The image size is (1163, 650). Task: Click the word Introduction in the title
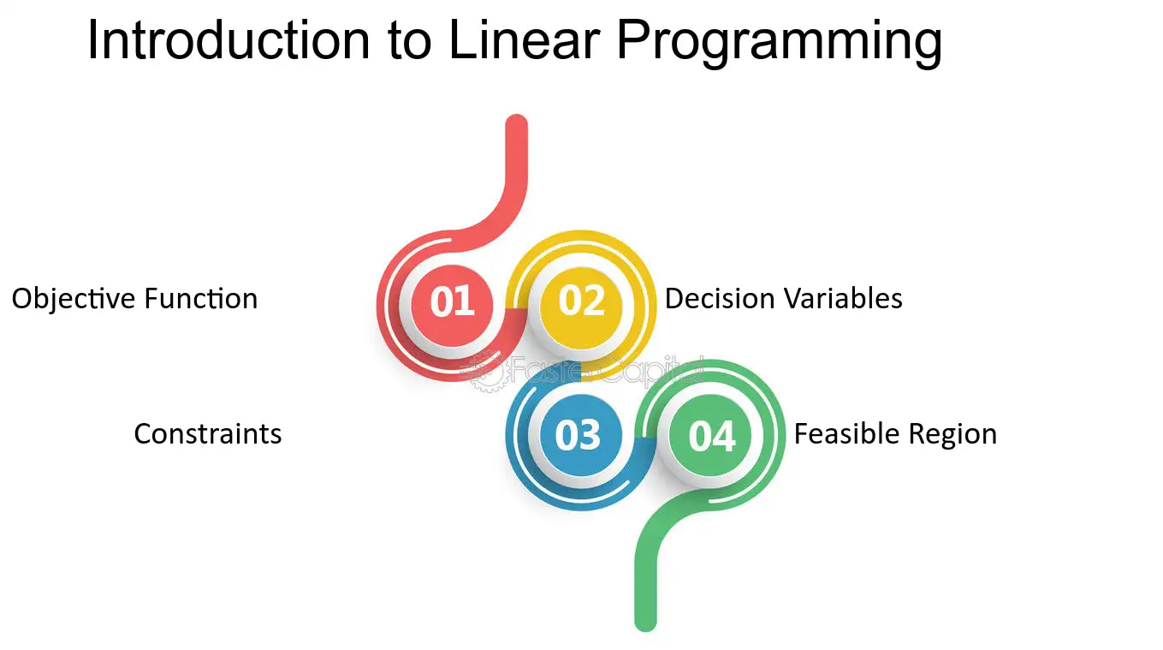coord(229,40)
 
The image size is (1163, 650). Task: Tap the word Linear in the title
coord(525,40)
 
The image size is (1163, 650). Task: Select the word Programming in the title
coord(780,44)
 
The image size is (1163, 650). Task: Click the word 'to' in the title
coord(410,43)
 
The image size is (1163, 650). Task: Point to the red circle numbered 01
coord(452,306)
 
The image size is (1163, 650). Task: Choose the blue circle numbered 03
coord(581,435)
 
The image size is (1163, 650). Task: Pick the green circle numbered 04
coord(710,435)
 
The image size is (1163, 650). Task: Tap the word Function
coord(201,299)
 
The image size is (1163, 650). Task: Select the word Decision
coord(721,298)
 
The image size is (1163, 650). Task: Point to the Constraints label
coord(208,434)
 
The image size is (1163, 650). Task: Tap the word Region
coord(952,435)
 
